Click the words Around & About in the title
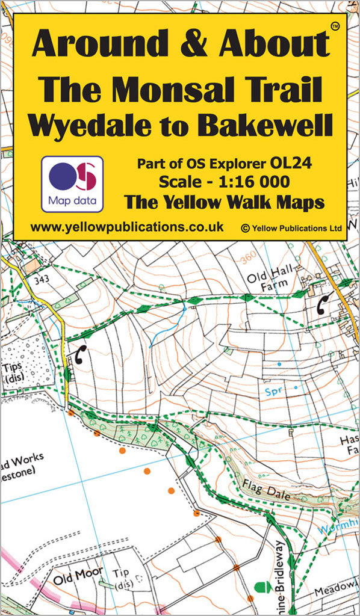pos(180,45)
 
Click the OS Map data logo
pos(72,183)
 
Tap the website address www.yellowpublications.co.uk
pos(126,227)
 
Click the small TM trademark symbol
pos(335,26)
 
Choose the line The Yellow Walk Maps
pos(224,202)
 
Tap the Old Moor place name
pos(78,579)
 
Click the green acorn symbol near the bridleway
pos(260,586)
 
